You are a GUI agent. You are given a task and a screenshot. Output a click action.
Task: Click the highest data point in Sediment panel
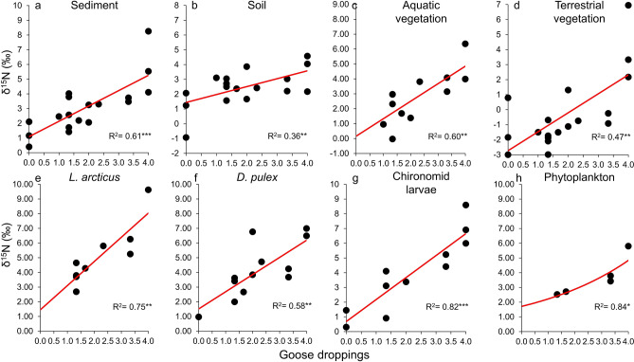(x=149, y=31)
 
